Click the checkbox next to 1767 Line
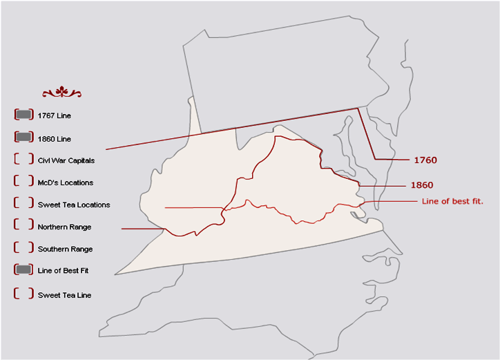(x=23, y=115)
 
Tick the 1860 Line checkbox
(x=23, y=138)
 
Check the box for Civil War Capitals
(x=23, y=160)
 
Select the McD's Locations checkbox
(x=23, y=182)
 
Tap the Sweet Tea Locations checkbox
(x=23, y=204)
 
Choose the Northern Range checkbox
(x=23, y=226)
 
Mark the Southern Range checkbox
(x=23, y=248)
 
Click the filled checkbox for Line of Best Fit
(x=23, y=270)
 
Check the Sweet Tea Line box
(x=23, y=294)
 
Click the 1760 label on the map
(x=425, y=160)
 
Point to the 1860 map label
(x=422, y=185)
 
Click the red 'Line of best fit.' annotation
(x=452, y=202)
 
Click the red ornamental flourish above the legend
(x=61, y=93)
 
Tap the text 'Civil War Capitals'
(x=66, y=160)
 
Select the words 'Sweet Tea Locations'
(x=74, y=205)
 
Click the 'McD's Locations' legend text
(x=66, y=182)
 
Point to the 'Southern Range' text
(x=65, y=249)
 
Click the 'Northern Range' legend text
(x=64, y=227)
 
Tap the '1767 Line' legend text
(x=55, y=115)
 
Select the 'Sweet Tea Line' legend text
(x=64, y=295)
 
